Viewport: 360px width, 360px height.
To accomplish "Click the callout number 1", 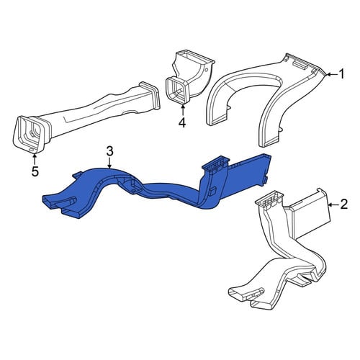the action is (341, 74).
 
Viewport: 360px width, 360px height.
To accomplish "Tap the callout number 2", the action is (343, 204).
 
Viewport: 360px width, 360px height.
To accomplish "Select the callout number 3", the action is (109, 151).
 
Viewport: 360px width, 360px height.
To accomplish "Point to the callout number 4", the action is (182, 123).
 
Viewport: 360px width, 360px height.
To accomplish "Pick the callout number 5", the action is (35, 171).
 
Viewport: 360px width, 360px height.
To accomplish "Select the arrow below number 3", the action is (109, 163).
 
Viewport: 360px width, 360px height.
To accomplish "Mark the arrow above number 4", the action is (183, 111).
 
